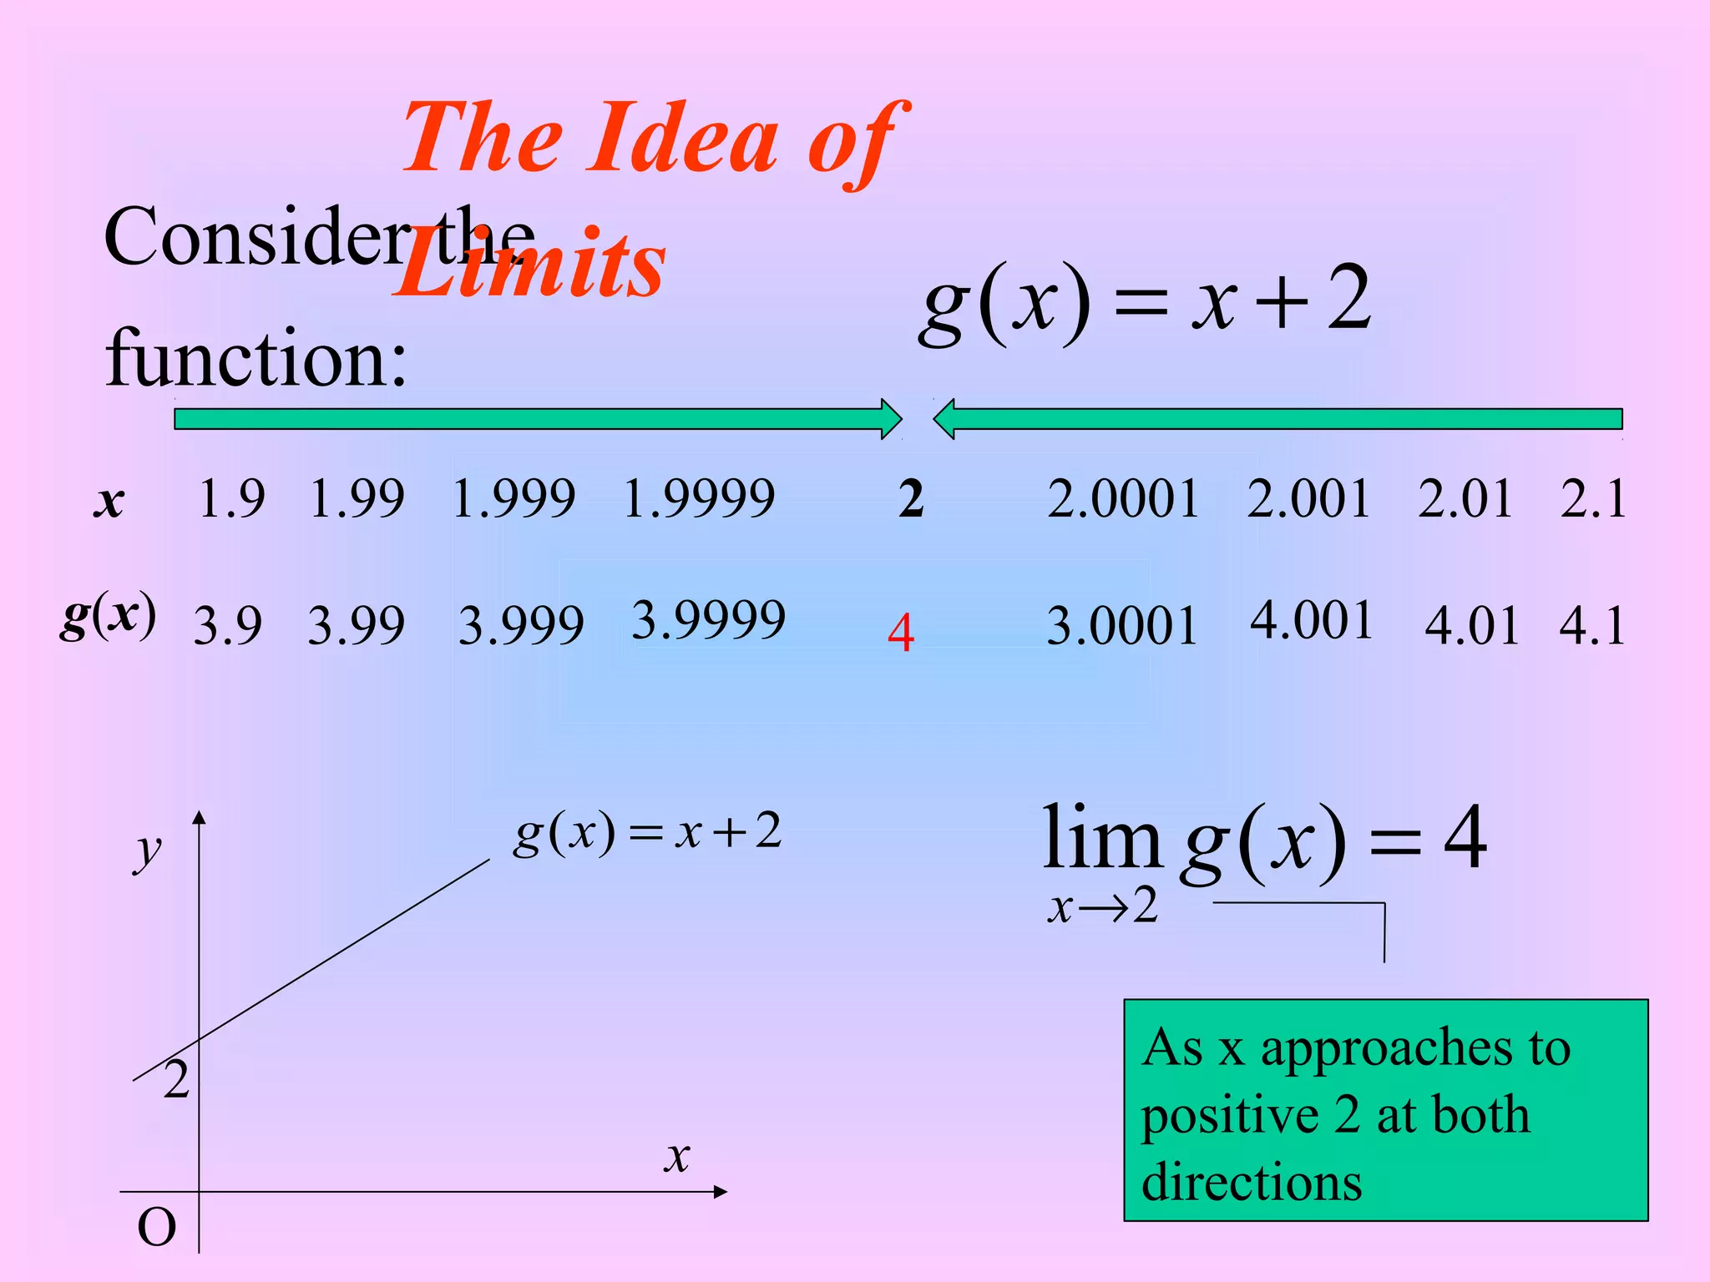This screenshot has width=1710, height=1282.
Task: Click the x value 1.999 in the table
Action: click(514, 498)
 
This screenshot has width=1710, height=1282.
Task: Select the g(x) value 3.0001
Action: click(1121, 625)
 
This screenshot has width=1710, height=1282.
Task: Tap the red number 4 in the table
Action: click(901, 633)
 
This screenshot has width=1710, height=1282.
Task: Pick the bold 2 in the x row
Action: click(911, 499)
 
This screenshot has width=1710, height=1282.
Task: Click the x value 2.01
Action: click(1465, 499)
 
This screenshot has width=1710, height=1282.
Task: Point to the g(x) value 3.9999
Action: click(708, 619)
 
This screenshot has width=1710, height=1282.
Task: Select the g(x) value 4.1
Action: click(1592, 625)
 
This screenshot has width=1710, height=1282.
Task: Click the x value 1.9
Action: click(231, 499)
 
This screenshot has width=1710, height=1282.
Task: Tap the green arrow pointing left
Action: click(1277, 418)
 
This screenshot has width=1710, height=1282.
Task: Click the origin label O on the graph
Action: click(156, 1228)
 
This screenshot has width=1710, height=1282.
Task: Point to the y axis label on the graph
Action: click(149, 851)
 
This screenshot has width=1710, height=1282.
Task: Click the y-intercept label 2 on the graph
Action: click(176, 1080)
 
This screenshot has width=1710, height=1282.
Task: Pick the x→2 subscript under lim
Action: click(1102, 906)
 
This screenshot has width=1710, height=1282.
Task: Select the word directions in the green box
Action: click(1251, 1182)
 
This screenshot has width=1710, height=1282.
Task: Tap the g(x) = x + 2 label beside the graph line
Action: click(647, 832)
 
